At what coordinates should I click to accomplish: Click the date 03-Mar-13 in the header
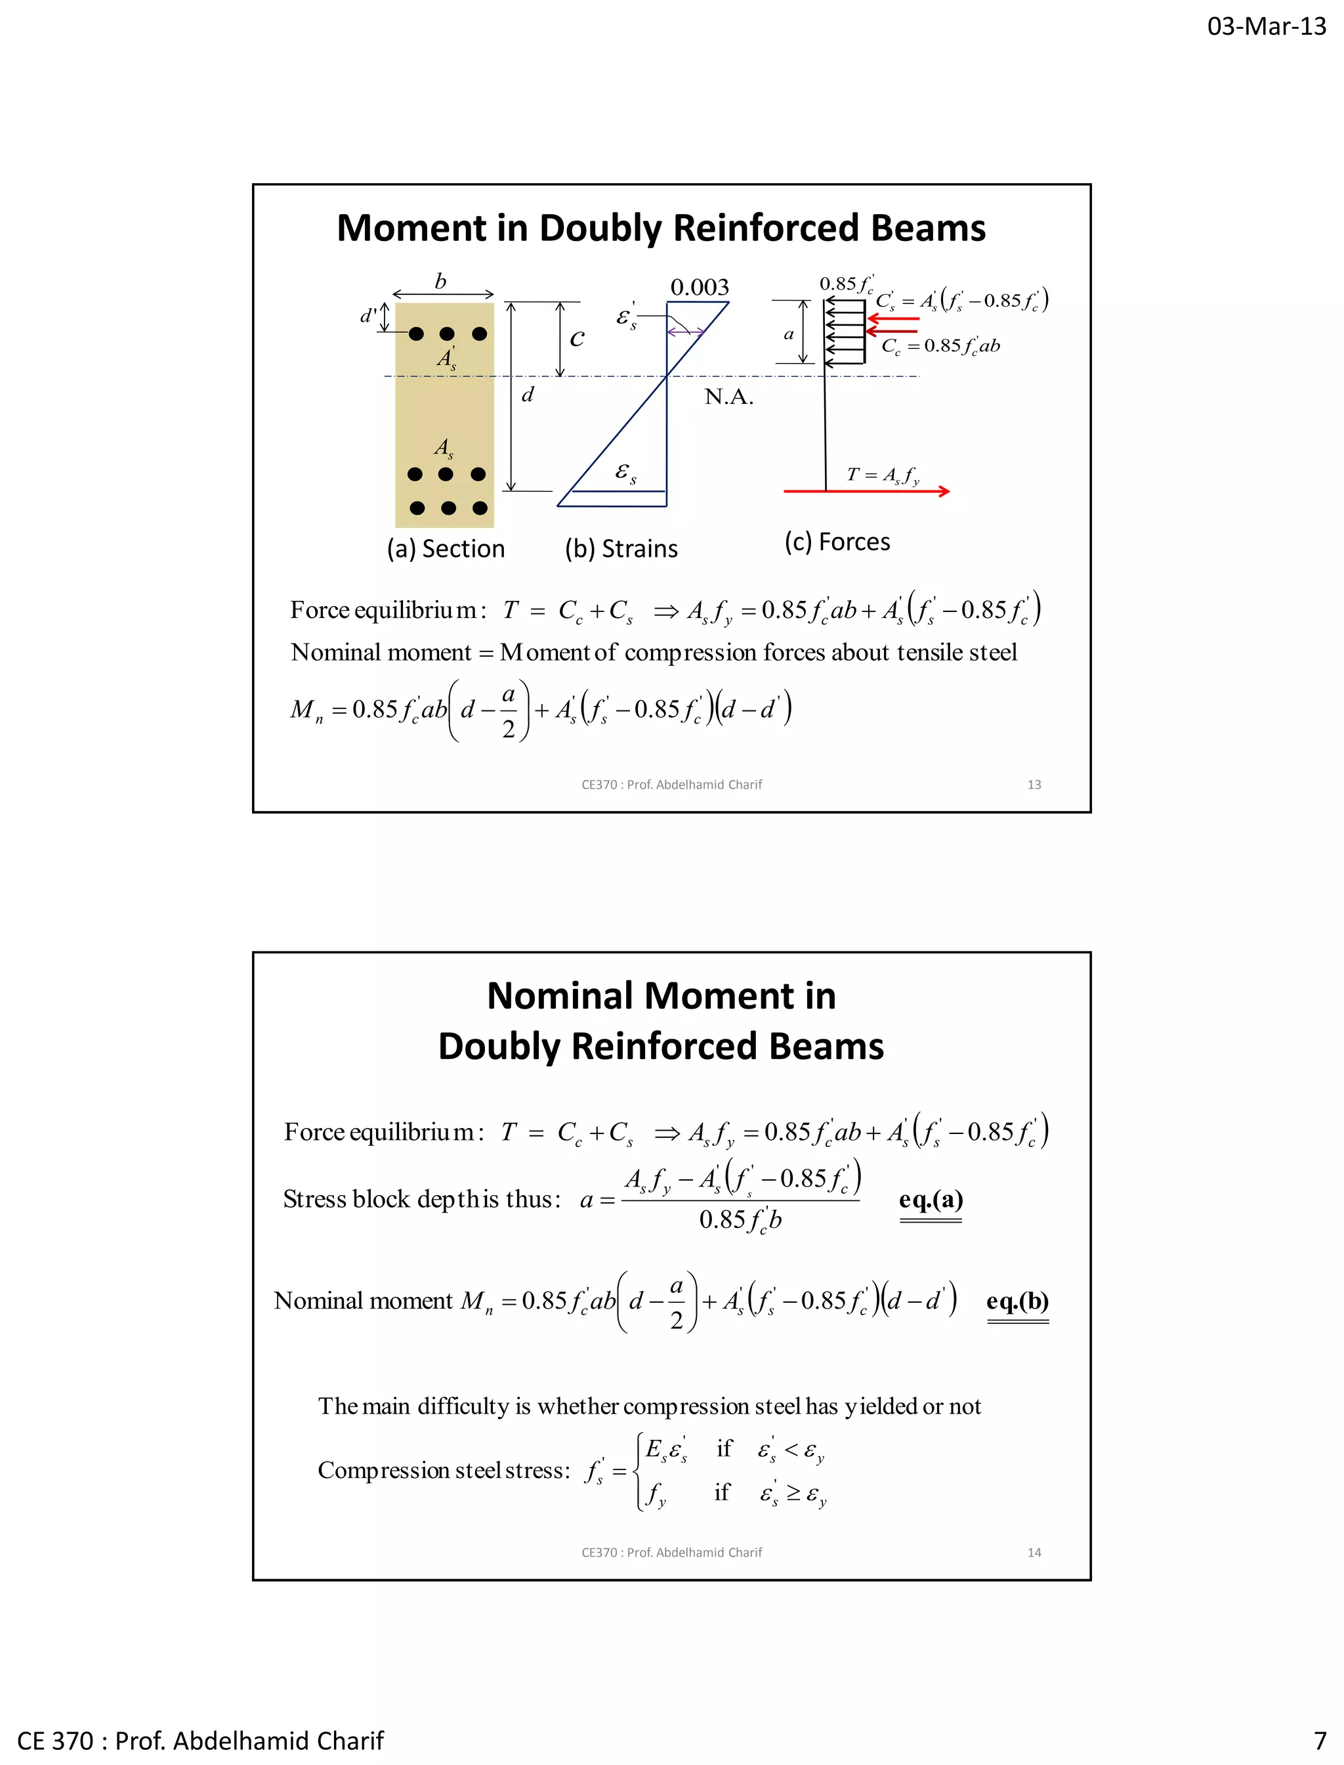pyautogui.click(x=1267, y=26)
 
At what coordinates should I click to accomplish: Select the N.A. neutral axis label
pyautogui.click(x=729, y=397)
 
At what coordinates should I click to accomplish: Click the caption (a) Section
pyautogui.click(x=446, y=548)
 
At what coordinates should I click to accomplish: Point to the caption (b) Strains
pyautogui.click(x=621, y=548)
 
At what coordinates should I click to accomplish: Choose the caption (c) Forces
pyautogui.click(x=837, y=542)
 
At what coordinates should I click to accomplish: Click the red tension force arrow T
pyautogui.click(x=866, y=490)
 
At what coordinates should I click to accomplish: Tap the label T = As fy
pyautogui.click(x=883, y=475)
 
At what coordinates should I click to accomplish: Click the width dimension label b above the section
pyautogui.click(x=440, y=281)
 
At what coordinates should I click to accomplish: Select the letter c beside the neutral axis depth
pyautogui.click(x=577, y=339)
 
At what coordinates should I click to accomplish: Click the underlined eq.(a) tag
pyautogui.click(x=931, y=1199)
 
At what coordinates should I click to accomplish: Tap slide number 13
pyautogui.click(x=1034, y=785)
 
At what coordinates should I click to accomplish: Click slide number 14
pyautogui.click(x=1034, y=1552)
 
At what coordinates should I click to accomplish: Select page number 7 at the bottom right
pyautogui.click(x=1320, y=1740)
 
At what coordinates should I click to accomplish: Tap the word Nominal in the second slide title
pyautogui.click(x=560, y=997)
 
